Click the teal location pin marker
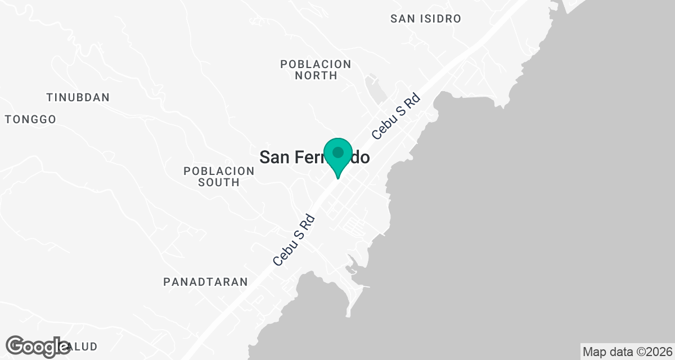click(x=338, y=157)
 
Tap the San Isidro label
click(x=426, y=19)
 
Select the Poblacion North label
click(x=316, y=70)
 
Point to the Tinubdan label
click(x=78, y=97)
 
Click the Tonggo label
click(x=31, y=119)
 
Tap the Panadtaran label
click(x=205, y=282)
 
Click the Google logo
click(x=37, y=346)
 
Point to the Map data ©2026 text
click(x=627, y=352)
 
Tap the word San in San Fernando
click(x=274, y=157)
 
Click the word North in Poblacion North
click(x=316, y=75)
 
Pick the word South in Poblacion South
click(x=219, y=182)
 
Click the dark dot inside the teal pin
click(x=338, y=152)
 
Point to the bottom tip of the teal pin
click(x=338, y=178)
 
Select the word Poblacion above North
click(x=316, y=64)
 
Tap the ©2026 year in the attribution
click(x=655, y=352)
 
